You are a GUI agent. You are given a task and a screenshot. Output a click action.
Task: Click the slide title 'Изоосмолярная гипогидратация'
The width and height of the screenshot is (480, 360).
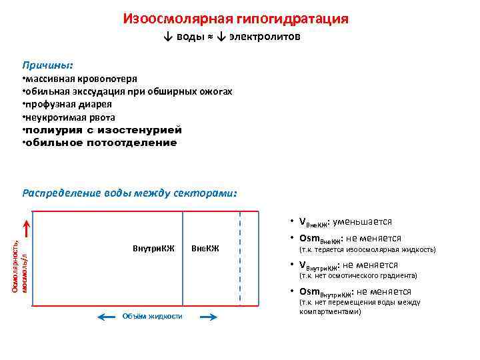point(235,19)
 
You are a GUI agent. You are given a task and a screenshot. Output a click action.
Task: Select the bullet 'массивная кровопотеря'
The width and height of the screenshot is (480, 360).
point(80,79)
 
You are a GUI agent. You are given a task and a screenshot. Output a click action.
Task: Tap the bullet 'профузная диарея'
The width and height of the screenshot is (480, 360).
point(67,104)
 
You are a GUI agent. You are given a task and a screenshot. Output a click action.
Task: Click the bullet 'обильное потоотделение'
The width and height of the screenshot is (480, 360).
point(100,142)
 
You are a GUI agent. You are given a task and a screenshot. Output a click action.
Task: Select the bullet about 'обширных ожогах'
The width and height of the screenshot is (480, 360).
point(127,91)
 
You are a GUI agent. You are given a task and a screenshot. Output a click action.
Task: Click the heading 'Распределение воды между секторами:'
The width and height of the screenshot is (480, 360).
point(129,193)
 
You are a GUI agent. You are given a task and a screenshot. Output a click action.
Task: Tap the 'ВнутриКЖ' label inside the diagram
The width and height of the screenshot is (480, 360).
point(153,249)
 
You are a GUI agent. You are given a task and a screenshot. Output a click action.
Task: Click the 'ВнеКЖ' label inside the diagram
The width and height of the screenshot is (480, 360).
point(205,249)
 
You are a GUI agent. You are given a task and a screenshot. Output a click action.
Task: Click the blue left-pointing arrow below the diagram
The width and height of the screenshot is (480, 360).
point(107,317)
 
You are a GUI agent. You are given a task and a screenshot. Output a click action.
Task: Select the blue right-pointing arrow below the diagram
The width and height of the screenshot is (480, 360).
point(209,317)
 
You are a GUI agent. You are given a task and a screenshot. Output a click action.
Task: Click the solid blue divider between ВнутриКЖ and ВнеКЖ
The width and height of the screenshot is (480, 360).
point(183,258)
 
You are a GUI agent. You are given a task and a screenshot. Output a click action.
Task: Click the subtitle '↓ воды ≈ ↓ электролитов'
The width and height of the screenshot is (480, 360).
point(232,37)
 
